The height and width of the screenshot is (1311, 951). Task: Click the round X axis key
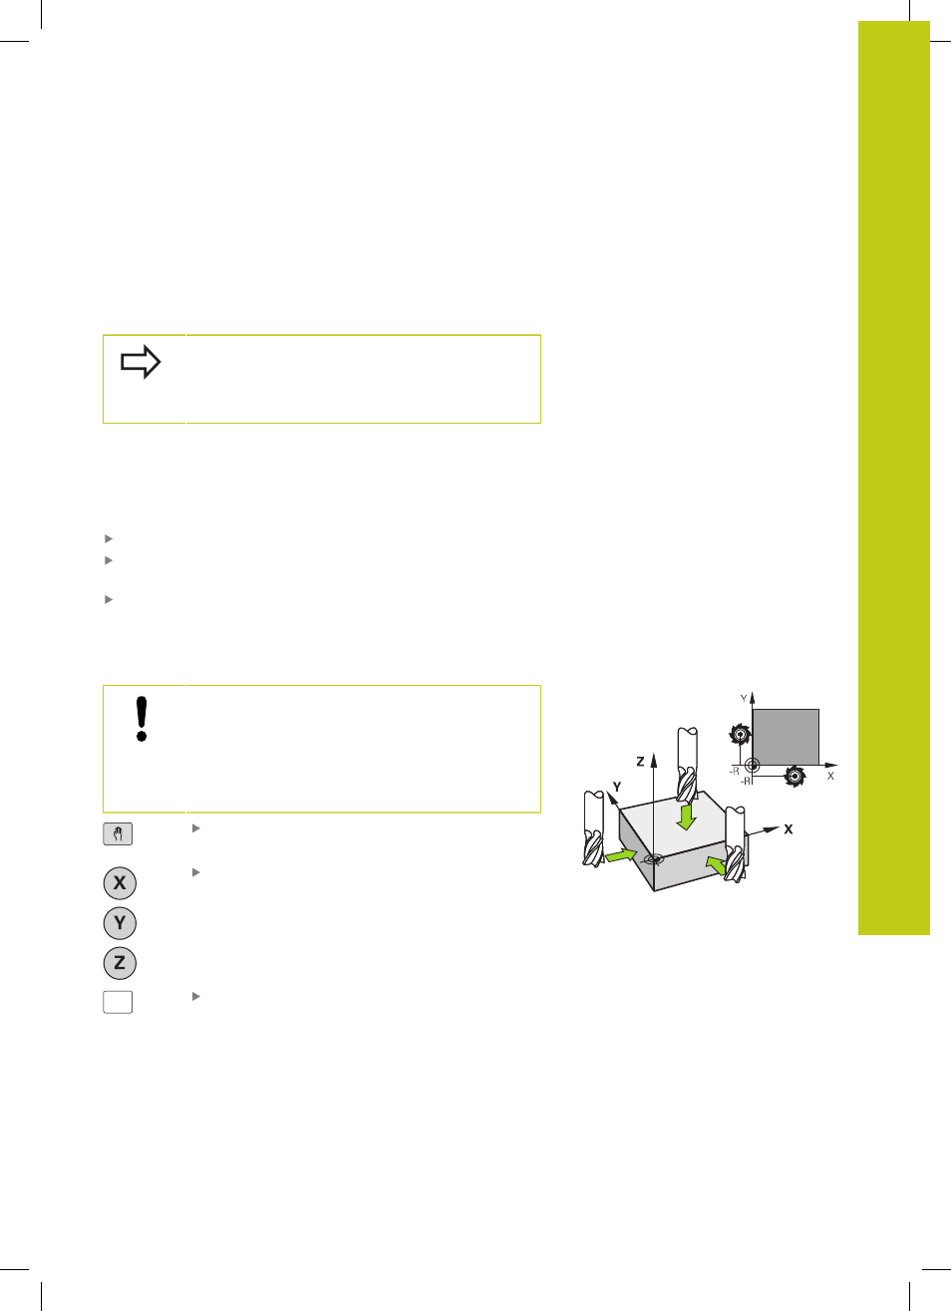(x=120, y=883)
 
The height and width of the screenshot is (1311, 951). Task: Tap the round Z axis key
(x=120, y=963)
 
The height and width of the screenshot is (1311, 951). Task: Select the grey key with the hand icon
(x=118, y=833)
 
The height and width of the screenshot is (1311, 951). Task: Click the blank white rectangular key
(x=118, y=1002)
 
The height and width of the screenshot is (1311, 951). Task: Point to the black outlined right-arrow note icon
(x=141, y=362)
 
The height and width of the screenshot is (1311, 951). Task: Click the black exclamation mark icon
(x=141, y=719)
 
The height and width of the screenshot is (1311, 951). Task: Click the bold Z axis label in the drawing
(x=640, y=762)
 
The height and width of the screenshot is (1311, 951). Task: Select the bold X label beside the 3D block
(x=789, y=829)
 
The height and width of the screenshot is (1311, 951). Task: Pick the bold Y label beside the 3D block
(x=617, y=788)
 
